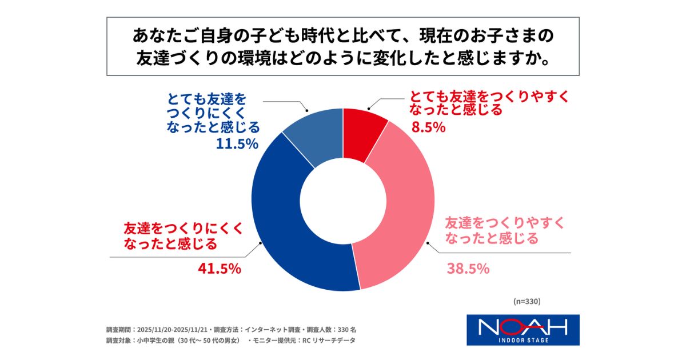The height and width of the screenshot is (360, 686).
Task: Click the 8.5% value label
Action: pos(428,127)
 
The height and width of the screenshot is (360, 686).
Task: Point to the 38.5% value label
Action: pos(468,268)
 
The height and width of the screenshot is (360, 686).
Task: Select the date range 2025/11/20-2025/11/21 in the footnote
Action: pos(173,330)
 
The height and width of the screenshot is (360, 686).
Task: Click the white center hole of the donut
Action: pos(343,200)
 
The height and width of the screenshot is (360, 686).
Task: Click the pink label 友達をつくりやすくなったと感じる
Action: pos(492,230)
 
